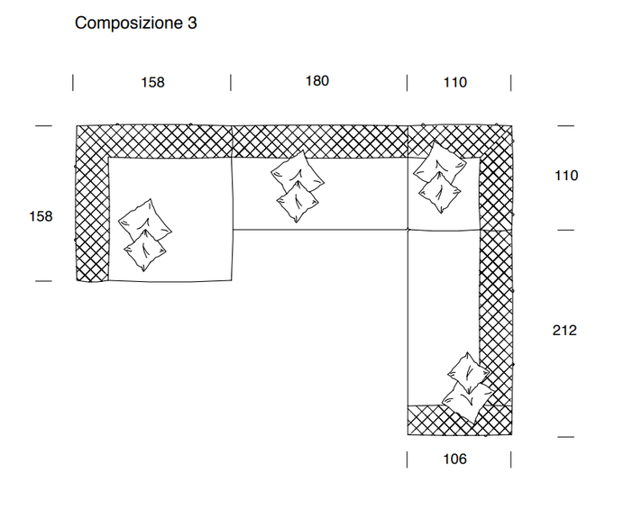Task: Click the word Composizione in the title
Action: coord(129,23)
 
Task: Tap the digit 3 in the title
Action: coord(192,23)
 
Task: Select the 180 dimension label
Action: coord(316,81)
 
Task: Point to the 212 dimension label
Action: coord(564,331)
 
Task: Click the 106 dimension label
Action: coord(455,460)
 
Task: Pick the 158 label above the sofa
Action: coord(152,82)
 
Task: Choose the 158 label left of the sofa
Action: coord(41,216)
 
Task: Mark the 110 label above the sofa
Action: coord(455,82)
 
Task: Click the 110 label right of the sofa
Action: coord(565,176)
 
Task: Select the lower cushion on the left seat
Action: coord(145,249)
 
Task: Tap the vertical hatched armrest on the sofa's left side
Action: coord(91,216)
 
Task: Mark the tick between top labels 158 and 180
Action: coord(232,83)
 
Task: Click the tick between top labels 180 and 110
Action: coord(408,83)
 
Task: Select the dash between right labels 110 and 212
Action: coord(565,231)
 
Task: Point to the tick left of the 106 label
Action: coord(408,460)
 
